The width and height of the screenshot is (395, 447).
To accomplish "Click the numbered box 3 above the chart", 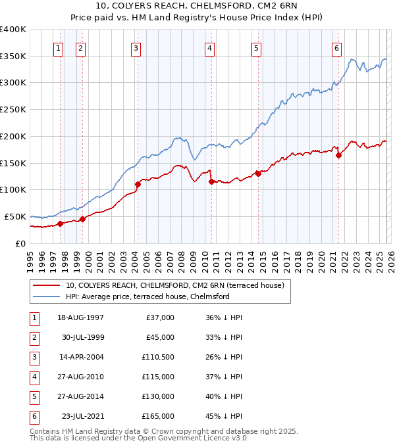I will [x=135, y=47].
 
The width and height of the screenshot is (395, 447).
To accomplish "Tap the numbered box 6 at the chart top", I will [x=336, y=47].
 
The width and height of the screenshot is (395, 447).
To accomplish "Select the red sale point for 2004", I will [x=138, y=185].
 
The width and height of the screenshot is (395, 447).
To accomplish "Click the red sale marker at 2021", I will [x=339, y=156].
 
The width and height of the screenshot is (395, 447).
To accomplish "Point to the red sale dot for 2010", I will [x=211, y=181].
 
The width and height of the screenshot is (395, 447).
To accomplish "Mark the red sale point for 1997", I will [x=60, y=223].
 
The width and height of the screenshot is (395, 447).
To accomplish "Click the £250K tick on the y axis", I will [x=13, y=110].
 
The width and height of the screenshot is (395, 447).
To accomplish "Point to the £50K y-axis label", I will [x=15, y=216].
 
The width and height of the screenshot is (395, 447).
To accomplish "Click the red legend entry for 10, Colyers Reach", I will [x=174, y=285].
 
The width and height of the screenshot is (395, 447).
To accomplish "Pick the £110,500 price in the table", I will [x=157, y=357].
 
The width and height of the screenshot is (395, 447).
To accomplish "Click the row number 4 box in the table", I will [x=33, y=377].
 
